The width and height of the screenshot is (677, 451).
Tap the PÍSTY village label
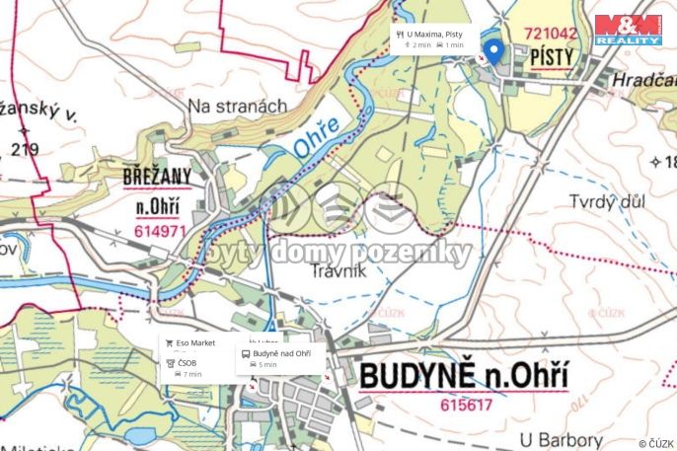pos(551,59)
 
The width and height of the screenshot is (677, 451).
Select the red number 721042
pos(551,34)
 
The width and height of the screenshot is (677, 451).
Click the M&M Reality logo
pos(628,30)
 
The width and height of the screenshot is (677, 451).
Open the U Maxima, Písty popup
pos(430,38)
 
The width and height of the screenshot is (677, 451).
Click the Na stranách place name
pos(237,105)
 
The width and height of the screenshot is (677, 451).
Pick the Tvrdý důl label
pos(606,201)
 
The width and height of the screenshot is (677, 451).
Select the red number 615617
pos(467,405)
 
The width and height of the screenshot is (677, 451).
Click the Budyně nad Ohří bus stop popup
pos(279,358)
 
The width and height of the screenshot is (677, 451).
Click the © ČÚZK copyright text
pos(655,443)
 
